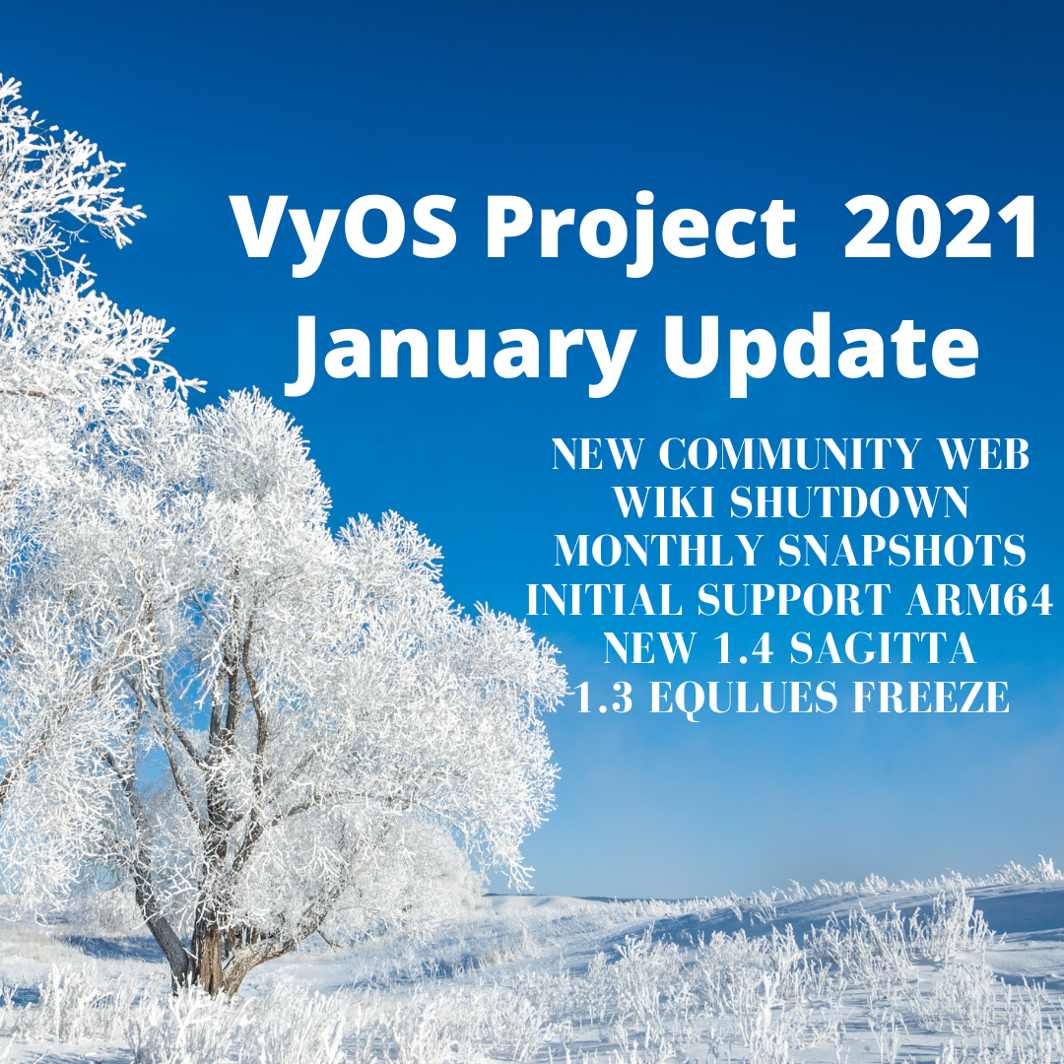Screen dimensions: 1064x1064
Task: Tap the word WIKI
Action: click(x=666, y=502)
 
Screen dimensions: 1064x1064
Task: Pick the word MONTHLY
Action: click(x=661, y=551)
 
